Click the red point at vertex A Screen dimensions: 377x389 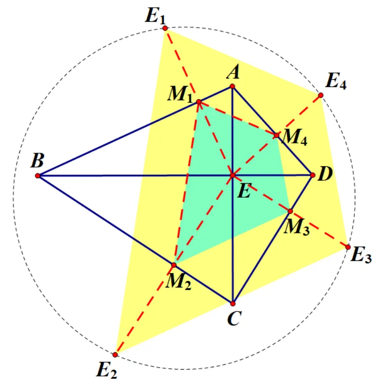pyautogui.click(x=232, y=86)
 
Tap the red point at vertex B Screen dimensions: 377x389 pyautogui.click(x=38, y=176)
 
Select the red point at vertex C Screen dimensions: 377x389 pyautogui.click(x=233, y=303)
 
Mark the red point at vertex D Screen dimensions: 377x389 pyautogui.click(x=313, y=175)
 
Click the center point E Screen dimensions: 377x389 pyautogui.click(x=233, y=175)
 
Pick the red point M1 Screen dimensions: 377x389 pyautogui.click(x=199, y=101)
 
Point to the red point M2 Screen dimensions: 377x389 pyautogui.click(x=174, y=265)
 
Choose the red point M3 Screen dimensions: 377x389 pyautogui.click(x=290, y=211)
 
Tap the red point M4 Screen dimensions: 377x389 pyautogui.click(x=277, y=135)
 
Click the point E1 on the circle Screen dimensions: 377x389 pyautogui.click(x=165, y=29)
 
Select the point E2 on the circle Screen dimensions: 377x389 pyautogui.click(x=115, y=355)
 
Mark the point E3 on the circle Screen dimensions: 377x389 pyautogui.click(x=348, y=247)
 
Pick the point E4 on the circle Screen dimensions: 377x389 pyautogui.click(x=321, y=95)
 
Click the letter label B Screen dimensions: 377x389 pyautogui.click(x=38, y=160)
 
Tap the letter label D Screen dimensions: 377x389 pyautogui.click(x=325, y=173)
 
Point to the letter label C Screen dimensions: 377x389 pyautogui.click(x=234, y=318)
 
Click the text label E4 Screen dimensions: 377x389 pyautogui.click(x=336, y=81)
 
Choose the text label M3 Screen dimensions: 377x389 pyautogui.click(x=297, y=227)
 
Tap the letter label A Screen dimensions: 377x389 pyautogui.click(x=233, y=72)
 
